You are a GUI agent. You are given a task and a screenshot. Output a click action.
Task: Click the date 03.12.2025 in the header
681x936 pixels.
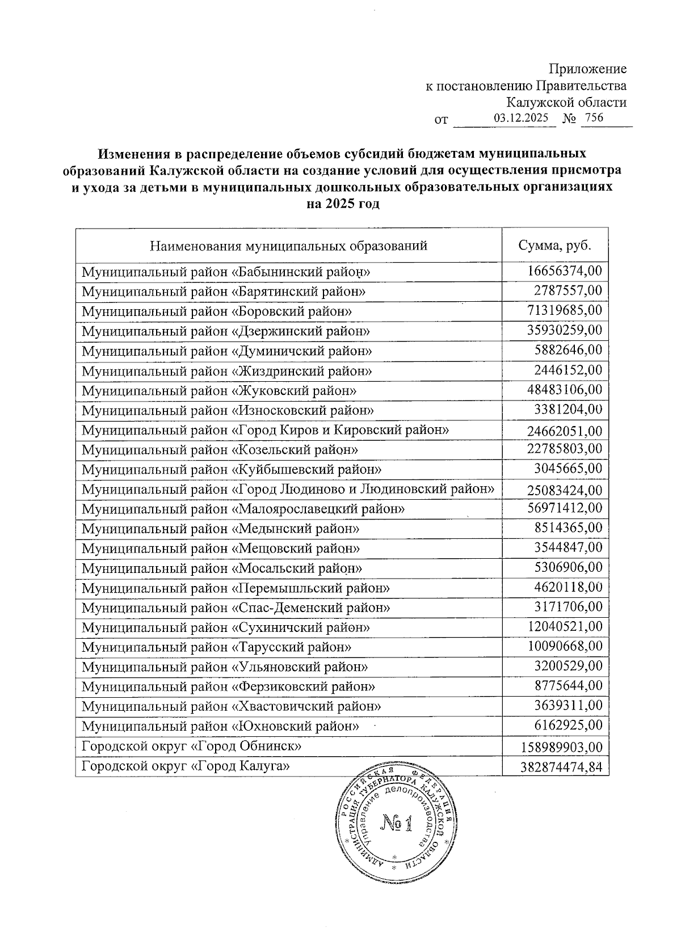coord(520,119)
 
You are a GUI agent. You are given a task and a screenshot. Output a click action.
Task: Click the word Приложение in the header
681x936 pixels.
coord(587,69)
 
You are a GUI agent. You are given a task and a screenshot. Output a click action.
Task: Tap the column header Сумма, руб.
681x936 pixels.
coord(555,246)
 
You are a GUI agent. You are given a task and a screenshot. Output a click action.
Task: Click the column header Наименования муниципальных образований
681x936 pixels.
coord(288,246)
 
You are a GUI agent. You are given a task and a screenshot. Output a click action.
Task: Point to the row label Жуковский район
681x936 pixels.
coord(219,391)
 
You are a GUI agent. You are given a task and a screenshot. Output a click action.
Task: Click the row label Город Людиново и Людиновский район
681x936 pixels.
coord(288,488)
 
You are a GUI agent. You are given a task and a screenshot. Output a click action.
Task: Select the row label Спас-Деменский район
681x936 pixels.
coord(236,608)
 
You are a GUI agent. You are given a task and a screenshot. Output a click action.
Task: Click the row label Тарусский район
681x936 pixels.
coord(216,647)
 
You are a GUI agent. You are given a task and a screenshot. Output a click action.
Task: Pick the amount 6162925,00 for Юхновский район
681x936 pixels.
coord(568,725)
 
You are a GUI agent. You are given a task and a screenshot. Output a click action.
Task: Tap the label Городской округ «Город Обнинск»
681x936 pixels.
coord(191,746)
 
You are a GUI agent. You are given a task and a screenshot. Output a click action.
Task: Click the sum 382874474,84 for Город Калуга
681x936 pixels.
coord(561,768)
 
